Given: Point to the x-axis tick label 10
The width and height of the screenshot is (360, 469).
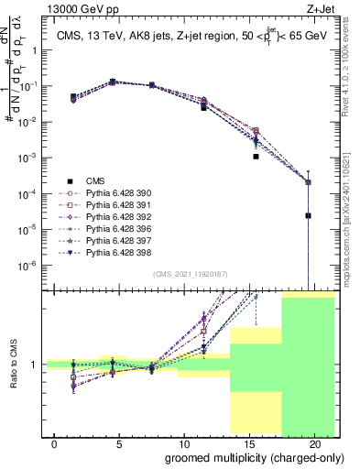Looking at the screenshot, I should coord(184,443).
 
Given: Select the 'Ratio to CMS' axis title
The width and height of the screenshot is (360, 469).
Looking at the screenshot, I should coord(13,365).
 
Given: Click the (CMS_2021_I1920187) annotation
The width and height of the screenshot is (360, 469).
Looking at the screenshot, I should coord(190,273).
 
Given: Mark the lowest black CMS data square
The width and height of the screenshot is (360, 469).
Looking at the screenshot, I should coord(309,216).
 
